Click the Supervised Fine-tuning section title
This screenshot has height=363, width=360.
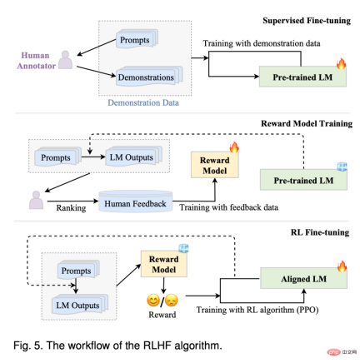[307, 21]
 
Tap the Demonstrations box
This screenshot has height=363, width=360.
[149, 76]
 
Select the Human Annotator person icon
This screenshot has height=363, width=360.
[66, 60]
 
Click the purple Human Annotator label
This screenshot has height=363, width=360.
[36, 61]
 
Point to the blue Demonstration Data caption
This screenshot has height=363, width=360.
[143, 102]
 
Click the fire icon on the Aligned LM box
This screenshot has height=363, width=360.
[342, 266]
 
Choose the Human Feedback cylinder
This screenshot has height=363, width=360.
[136, 201]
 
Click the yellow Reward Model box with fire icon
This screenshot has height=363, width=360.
[215, 165]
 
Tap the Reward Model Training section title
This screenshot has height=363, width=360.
[307, 123]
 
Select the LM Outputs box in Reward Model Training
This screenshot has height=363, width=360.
[133, 157]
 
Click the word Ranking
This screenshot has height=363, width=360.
[71, 208]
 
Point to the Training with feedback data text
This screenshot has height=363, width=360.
[228, 207]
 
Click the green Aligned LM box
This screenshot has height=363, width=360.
[303, 278]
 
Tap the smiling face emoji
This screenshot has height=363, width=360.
[153, 301]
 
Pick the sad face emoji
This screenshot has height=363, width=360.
[171, 301]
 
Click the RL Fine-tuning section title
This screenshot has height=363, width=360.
[320, 232]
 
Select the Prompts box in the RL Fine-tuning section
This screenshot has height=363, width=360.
[78, 270]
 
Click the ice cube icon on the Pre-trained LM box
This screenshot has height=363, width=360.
[342, 167]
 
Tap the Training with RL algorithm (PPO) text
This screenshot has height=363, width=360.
[257, 310]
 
